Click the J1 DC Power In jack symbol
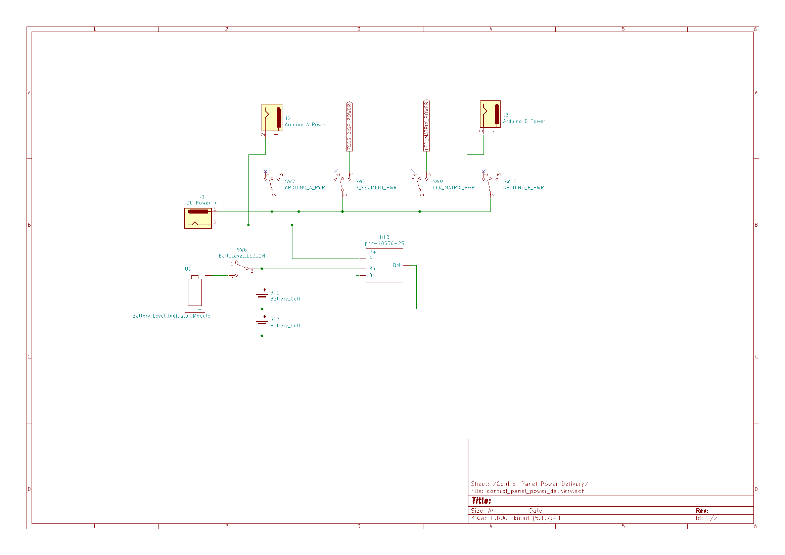point(198,218)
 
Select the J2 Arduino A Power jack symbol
point(272,117)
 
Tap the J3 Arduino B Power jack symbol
point(490,114)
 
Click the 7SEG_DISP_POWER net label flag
point(349,127)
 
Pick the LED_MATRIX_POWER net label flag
point(426,126)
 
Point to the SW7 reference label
point(290,182)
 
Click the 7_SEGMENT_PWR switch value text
point(376,188)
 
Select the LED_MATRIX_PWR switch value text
point(454,188)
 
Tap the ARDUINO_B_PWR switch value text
point(523,188)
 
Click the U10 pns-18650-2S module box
point(384,265)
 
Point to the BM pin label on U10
point(396,265)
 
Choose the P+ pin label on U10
point(372,252)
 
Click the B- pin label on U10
point(372,275)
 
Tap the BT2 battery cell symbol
point(262,322)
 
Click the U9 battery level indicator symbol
point(195,292)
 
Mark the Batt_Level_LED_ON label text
point(242,256)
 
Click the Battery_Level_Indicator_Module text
point(171,316)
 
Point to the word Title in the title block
point(481,501)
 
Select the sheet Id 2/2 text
point(706,518)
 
